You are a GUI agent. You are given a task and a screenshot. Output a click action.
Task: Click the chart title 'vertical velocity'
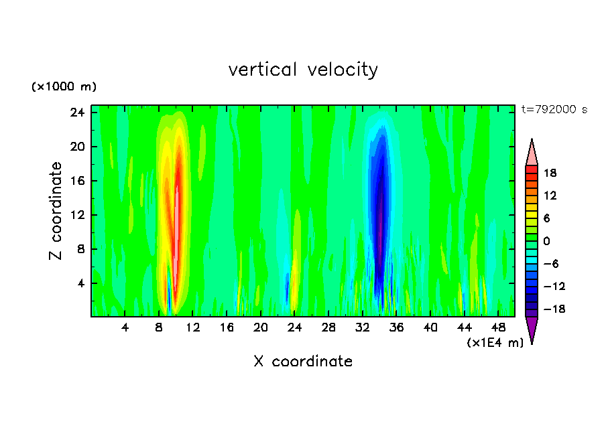pos(303,70)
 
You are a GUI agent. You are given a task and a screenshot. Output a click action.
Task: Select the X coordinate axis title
pos(303,362)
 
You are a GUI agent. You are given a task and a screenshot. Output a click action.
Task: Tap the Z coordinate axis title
pos(56,211)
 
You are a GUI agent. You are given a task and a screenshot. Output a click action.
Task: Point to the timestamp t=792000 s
pos(554,110)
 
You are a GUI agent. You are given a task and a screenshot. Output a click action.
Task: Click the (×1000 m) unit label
pos(64,87)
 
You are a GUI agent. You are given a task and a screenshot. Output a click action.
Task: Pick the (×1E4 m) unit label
pos(495,343)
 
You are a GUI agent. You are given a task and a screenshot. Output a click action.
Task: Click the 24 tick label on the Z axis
pos(76,113)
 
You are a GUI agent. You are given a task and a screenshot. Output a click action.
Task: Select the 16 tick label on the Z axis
pos(76,181)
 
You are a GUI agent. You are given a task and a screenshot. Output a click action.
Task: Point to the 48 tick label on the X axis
pos(498,327)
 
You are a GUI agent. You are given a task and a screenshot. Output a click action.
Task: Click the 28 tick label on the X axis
pos(328,327)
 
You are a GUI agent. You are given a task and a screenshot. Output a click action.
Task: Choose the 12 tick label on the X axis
pos(193,327)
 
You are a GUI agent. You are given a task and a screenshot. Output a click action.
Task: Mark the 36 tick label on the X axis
pos(397,327)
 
